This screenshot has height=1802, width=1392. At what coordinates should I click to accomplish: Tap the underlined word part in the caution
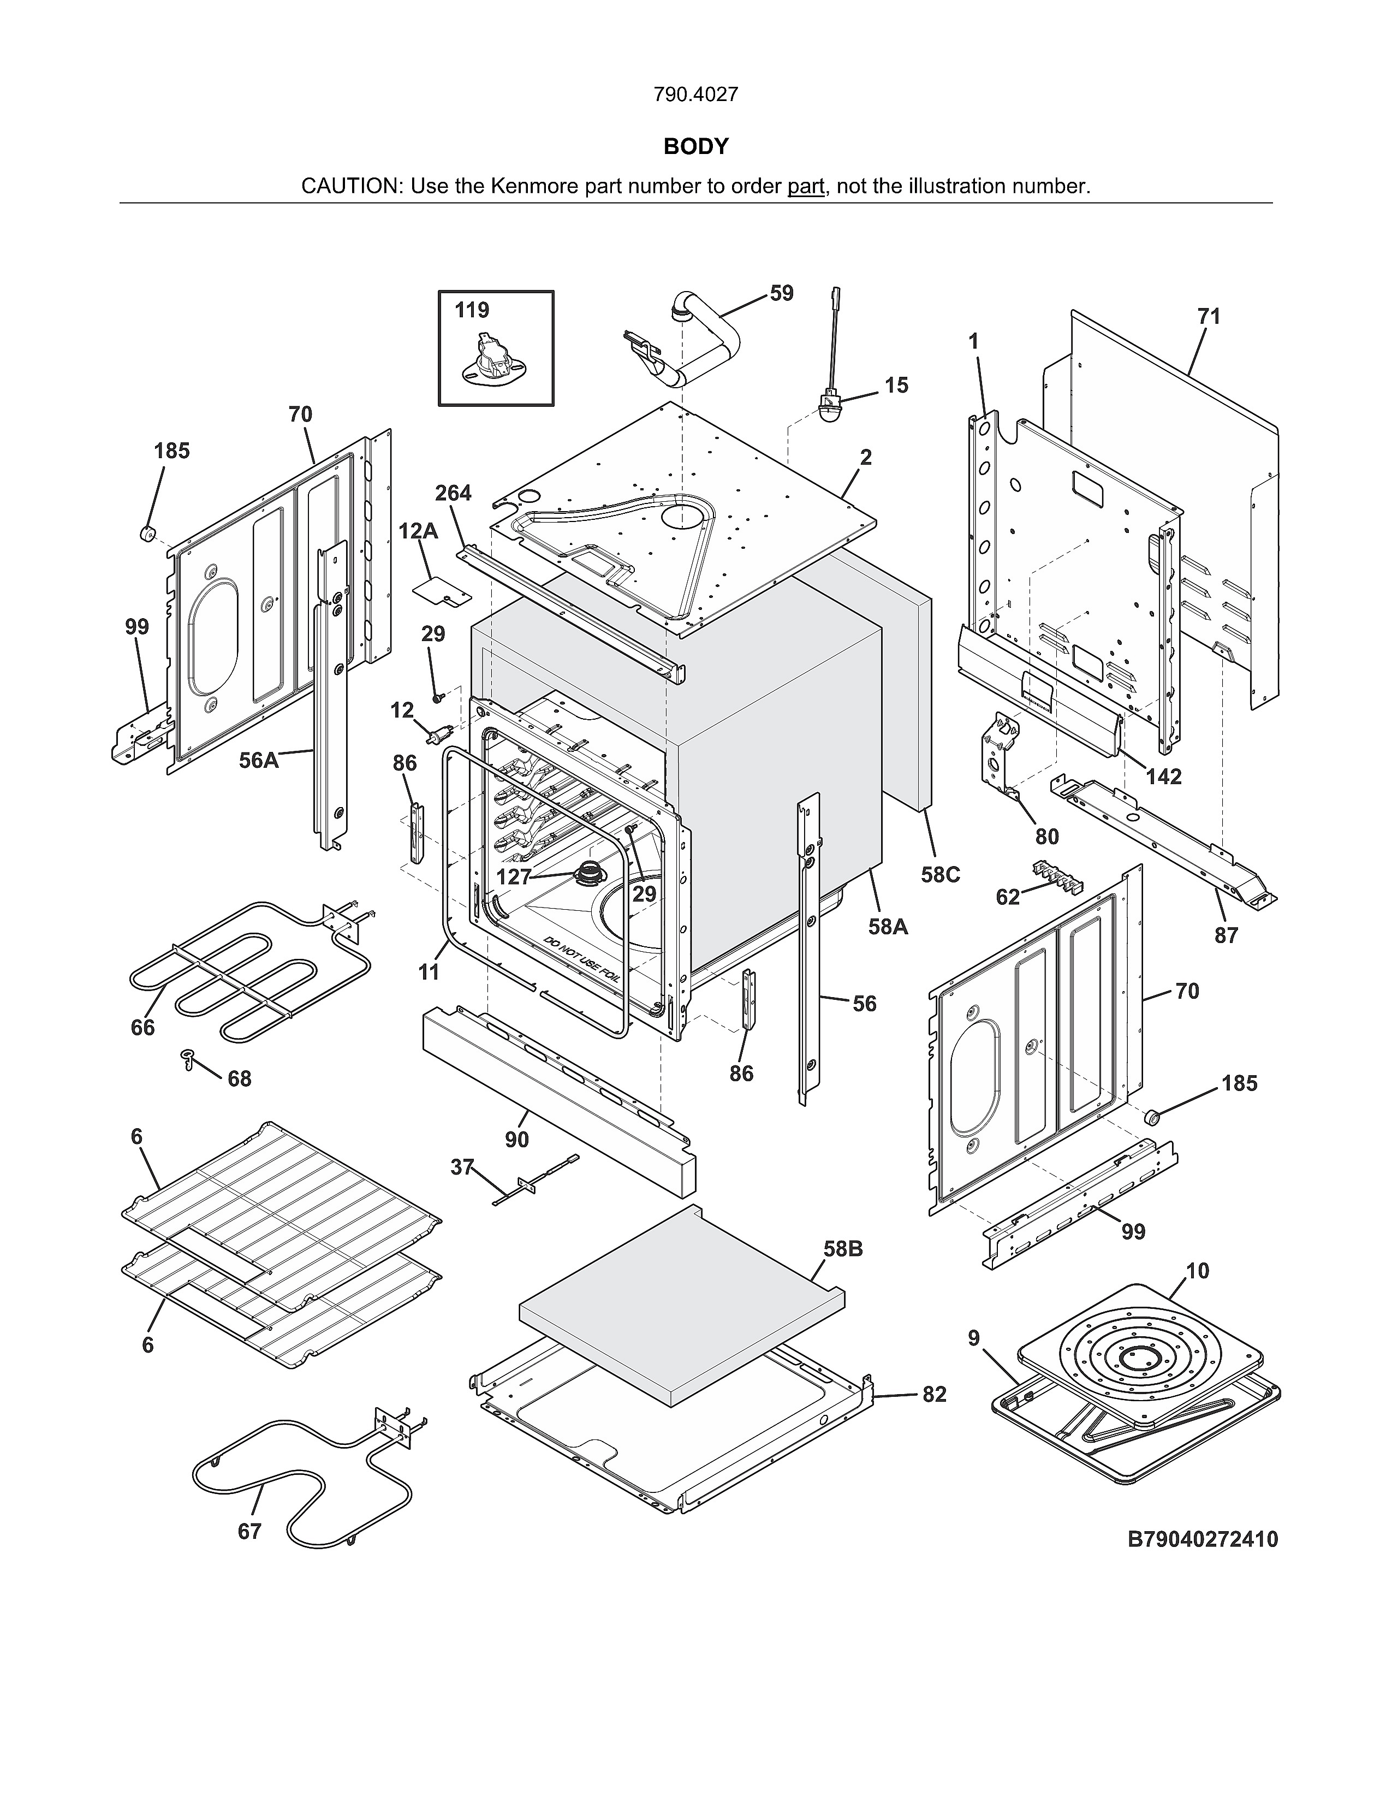(806, 186)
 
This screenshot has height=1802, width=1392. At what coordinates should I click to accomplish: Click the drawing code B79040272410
(1203, 1539)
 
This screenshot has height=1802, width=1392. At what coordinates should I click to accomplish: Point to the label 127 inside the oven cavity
(513, 877)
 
